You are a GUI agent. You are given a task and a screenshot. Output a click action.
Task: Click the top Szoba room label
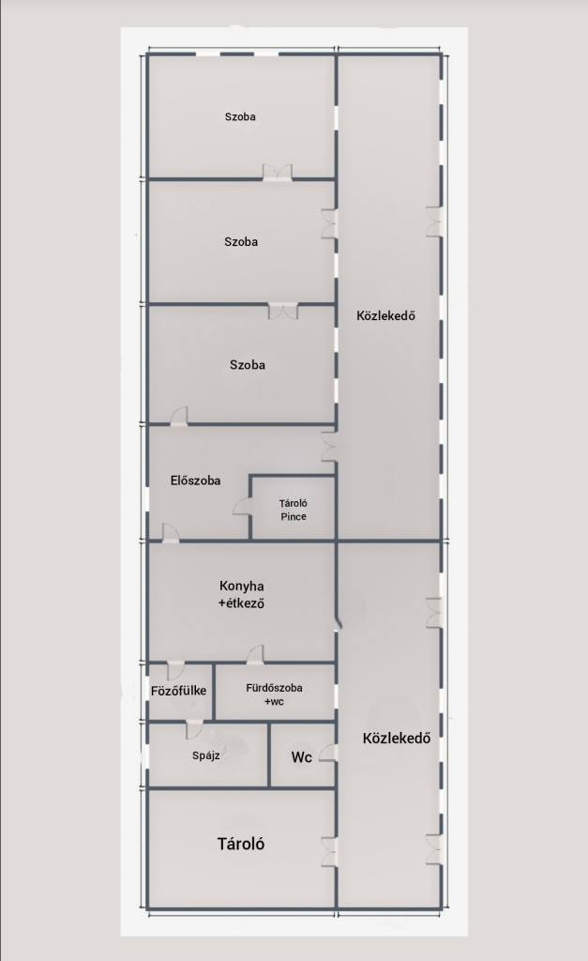240,116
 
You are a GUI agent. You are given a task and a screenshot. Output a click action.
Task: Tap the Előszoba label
195,480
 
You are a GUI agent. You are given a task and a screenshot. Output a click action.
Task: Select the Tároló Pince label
294,510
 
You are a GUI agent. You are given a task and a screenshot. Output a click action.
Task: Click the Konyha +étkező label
241,594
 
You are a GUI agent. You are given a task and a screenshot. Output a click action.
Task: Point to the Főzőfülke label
179,691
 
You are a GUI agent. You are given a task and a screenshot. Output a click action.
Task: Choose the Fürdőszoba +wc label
275,694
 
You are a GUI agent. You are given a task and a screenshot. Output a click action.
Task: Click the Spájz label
205,755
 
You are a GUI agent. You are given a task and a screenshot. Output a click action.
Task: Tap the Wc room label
301,757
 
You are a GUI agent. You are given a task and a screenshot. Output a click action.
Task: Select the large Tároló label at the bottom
241,844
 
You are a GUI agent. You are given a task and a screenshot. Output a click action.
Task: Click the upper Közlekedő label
385,315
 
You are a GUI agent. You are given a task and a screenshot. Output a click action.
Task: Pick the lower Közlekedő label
397,738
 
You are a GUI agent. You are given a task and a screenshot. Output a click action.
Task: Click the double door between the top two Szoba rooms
278,173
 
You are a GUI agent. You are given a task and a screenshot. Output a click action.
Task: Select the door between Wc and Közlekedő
327,753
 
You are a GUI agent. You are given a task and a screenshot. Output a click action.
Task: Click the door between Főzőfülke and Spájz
194,730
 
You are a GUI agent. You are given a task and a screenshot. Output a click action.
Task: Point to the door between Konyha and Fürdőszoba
255,654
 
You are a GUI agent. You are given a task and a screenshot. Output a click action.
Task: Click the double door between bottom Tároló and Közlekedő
329,850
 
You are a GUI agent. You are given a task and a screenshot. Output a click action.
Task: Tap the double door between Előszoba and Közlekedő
329,446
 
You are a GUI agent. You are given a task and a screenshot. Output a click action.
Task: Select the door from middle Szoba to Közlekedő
329,223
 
